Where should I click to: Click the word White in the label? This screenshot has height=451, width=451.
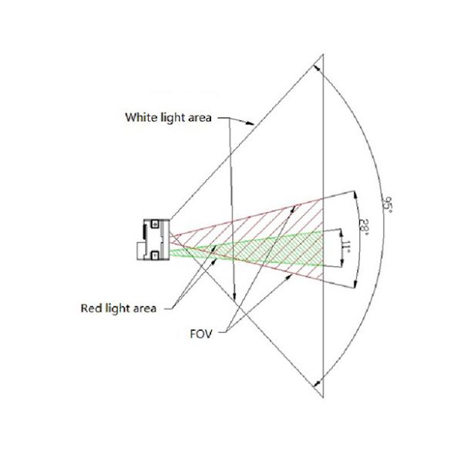[138, 117]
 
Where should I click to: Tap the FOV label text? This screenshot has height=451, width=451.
[200, 334]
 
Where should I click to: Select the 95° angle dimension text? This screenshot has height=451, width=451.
[387, 204]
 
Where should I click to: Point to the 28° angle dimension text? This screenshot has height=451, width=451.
[364, 227]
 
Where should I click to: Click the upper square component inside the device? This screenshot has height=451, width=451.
[155, 224]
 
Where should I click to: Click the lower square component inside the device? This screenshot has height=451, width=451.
[155, 255]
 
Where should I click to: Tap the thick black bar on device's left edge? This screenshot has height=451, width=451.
[144, 232]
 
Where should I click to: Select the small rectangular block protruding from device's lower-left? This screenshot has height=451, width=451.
[140, 251]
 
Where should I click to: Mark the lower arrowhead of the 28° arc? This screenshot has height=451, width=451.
[355, 283]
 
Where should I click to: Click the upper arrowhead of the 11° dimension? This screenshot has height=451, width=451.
[342, 234]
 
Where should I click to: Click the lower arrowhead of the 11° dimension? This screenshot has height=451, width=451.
[342, 263]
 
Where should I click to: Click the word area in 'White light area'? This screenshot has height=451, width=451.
[200, 118]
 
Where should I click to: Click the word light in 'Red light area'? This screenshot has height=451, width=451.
[118, 308]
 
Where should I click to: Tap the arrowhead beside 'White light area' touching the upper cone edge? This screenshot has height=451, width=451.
[250, 123]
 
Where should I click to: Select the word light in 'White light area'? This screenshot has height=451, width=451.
[170, 118]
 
